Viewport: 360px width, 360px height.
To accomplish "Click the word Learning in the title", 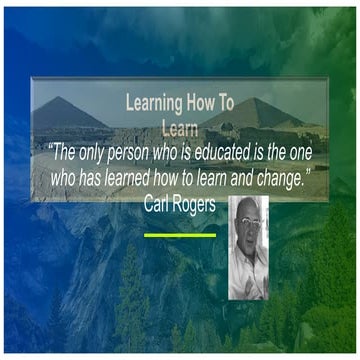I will (153, 101).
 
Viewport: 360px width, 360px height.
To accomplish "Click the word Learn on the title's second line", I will (180, 126).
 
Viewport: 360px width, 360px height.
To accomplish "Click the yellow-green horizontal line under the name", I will (180, 235).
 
